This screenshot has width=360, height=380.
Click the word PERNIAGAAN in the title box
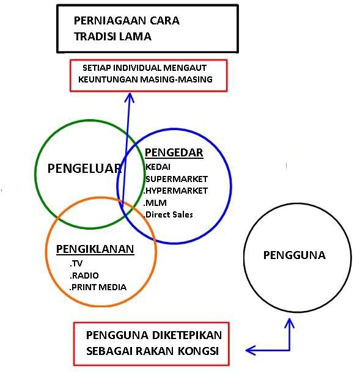(109, 21)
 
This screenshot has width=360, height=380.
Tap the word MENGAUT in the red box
(185, 68)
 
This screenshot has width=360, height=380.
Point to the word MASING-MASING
(176, 79)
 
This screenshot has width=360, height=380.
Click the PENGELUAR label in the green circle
(84, 169)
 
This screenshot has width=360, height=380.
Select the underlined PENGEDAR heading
(174, 153)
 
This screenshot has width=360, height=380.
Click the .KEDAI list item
(157, 167)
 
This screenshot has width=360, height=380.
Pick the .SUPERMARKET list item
(176, 179)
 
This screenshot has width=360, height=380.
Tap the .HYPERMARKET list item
(175, 191)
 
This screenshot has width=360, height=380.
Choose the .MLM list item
(155, 203)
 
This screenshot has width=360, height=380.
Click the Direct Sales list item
(168, 214)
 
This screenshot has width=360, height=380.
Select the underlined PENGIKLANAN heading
(95, 249)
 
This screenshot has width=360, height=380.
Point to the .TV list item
(76, 263)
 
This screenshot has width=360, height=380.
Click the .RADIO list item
(84, 276)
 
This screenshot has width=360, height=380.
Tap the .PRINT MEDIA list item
(98, 287)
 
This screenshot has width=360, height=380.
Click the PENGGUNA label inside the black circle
(295, 255)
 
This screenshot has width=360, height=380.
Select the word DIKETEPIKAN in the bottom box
(187, 335)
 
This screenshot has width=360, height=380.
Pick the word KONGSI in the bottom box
(198, 351)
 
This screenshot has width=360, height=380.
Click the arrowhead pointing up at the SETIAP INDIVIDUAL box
(130, 97)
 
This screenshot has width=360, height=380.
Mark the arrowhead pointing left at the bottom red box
(251, 351)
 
